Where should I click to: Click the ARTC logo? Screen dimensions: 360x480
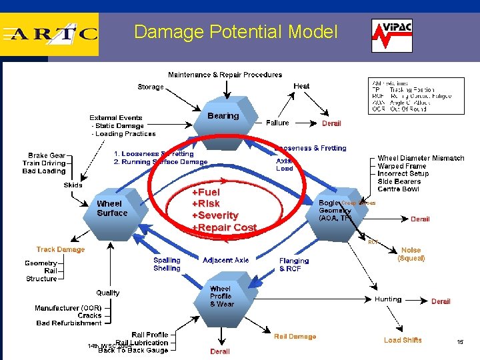point(50,33)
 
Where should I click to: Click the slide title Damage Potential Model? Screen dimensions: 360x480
point(236,32)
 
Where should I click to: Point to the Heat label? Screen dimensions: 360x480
point(301,86)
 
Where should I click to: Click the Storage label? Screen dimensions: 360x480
point(151,87)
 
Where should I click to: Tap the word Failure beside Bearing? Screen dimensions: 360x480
point(277,123)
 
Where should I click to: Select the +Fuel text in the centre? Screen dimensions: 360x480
point(206,192)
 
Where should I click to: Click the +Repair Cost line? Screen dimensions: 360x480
point(224,227)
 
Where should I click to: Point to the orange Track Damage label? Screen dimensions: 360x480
point(61,249)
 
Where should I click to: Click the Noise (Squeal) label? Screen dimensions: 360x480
point(411,254)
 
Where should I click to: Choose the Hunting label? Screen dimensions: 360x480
point(388,299)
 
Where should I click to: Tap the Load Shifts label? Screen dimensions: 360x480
point(403,340)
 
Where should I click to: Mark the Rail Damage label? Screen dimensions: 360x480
point(295,337)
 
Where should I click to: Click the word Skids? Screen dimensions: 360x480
point(73,185)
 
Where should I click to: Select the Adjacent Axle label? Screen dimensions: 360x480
point(226,260)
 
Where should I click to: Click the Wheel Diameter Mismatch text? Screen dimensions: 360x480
point(421,158)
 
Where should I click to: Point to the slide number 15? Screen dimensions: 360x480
point(460,342)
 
